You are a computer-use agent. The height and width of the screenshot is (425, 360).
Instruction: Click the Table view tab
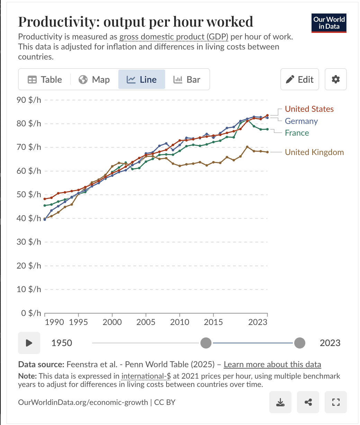pos(45,80)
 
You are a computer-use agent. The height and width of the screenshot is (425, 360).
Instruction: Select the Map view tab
pos(94,80)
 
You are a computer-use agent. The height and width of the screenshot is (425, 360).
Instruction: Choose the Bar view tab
pos(187,80)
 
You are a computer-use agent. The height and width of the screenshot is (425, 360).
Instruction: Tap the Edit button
pos(299,80)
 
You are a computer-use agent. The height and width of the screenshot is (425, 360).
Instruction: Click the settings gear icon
pos(336,80)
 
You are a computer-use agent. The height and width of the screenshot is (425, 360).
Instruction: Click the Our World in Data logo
pos(329,23)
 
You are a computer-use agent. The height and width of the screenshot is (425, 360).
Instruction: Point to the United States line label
pos(309,109)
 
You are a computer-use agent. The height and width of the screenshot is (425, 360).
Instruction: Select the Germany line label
pos(301,121)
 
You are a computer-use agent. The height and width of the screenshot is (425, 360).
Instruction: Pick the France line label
pos(297,133)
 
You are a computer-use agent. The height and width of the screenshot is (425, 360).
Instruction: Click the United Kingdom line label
pos(314,152)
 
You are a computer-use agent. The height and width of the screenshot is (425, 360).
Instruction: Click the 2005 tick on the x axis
pos(146,322)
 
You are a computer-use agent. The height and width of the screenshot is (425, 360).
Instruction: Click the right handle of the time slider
pos(299,343)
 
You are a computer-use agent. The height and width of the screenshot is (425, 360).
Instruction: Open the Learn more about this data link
pos(272,364)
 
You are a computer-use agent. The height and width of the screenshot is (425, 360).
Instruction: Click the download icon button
pos(280,402)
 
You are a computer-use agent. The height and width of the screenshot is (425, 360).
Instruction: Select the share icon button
pos(308,402)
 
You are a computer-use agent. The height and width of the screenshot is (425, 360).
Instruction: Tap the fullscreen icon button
pos(335,402)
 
